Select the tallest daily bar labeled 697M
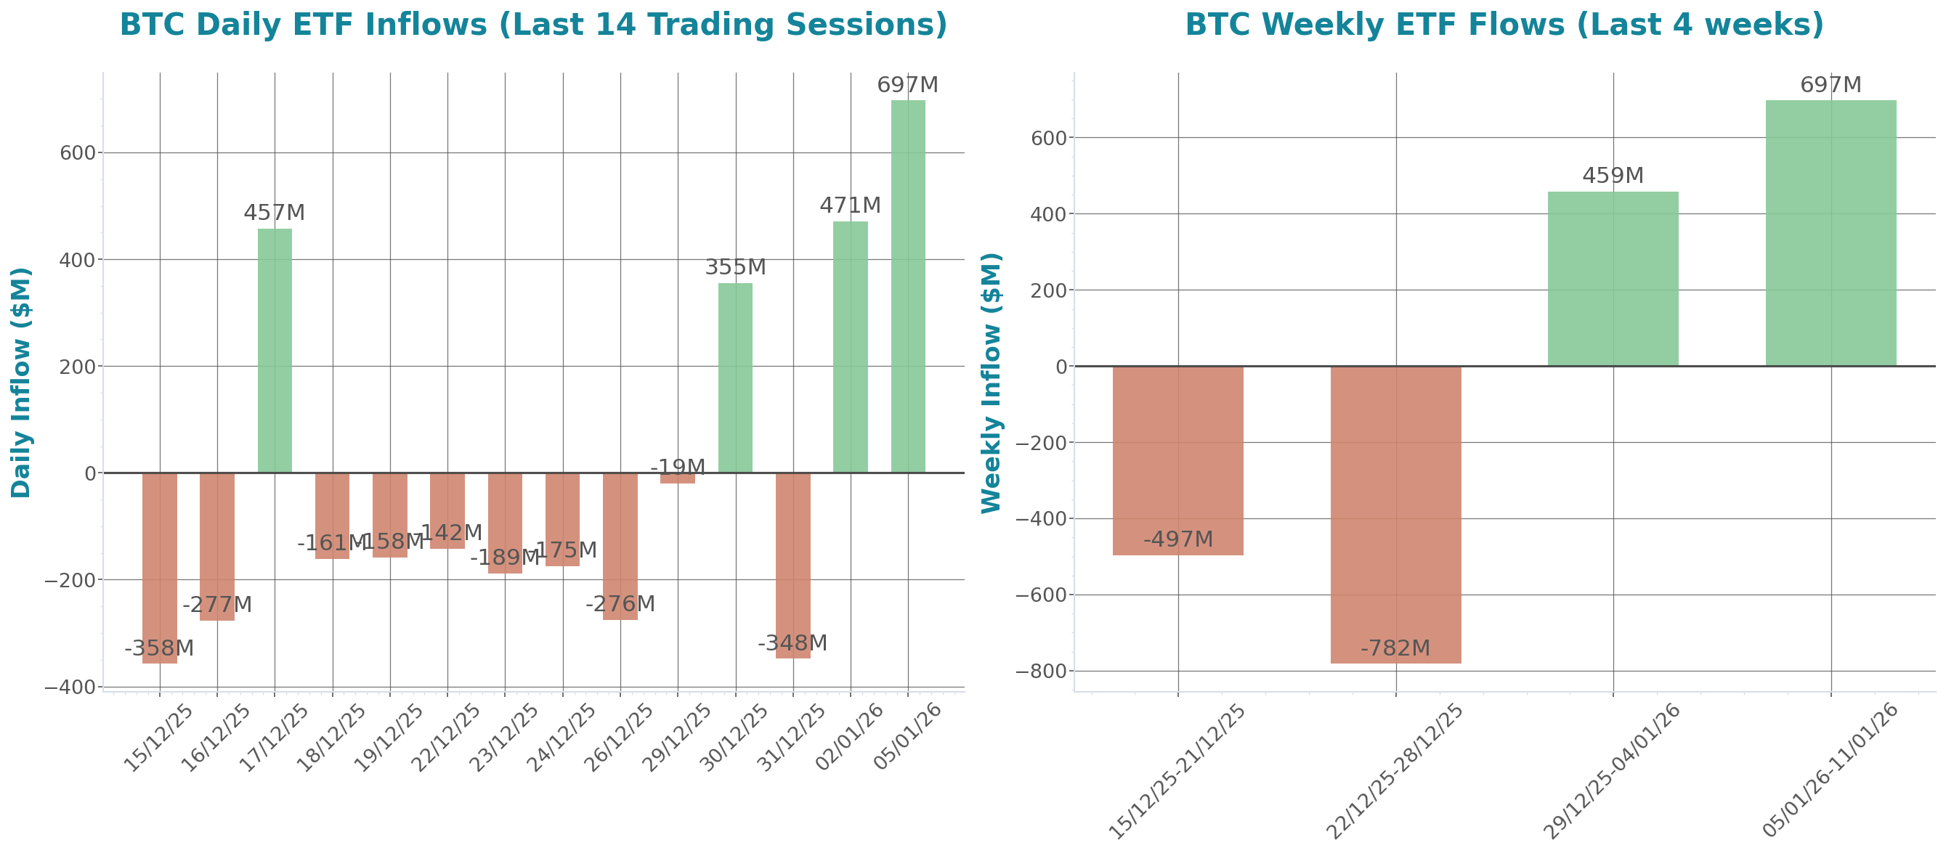tap(907, 287)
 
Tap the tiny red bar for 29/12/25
tap(677, 478)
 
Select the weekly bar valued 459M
tap(1613, 279)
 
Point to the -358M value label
tap(158, 648)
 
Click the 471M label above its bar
tap(850, 205)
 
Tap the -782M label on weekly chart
tap(1395, 648)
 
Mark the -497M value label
tap(1177, 539)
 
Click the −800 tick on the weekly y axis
tap(1040, 671)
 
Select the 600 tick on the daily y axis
tap(78, 152)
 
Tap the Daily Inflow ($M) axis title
tap(21, 382)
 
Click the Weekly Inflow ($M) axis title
tap(991, 382)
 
